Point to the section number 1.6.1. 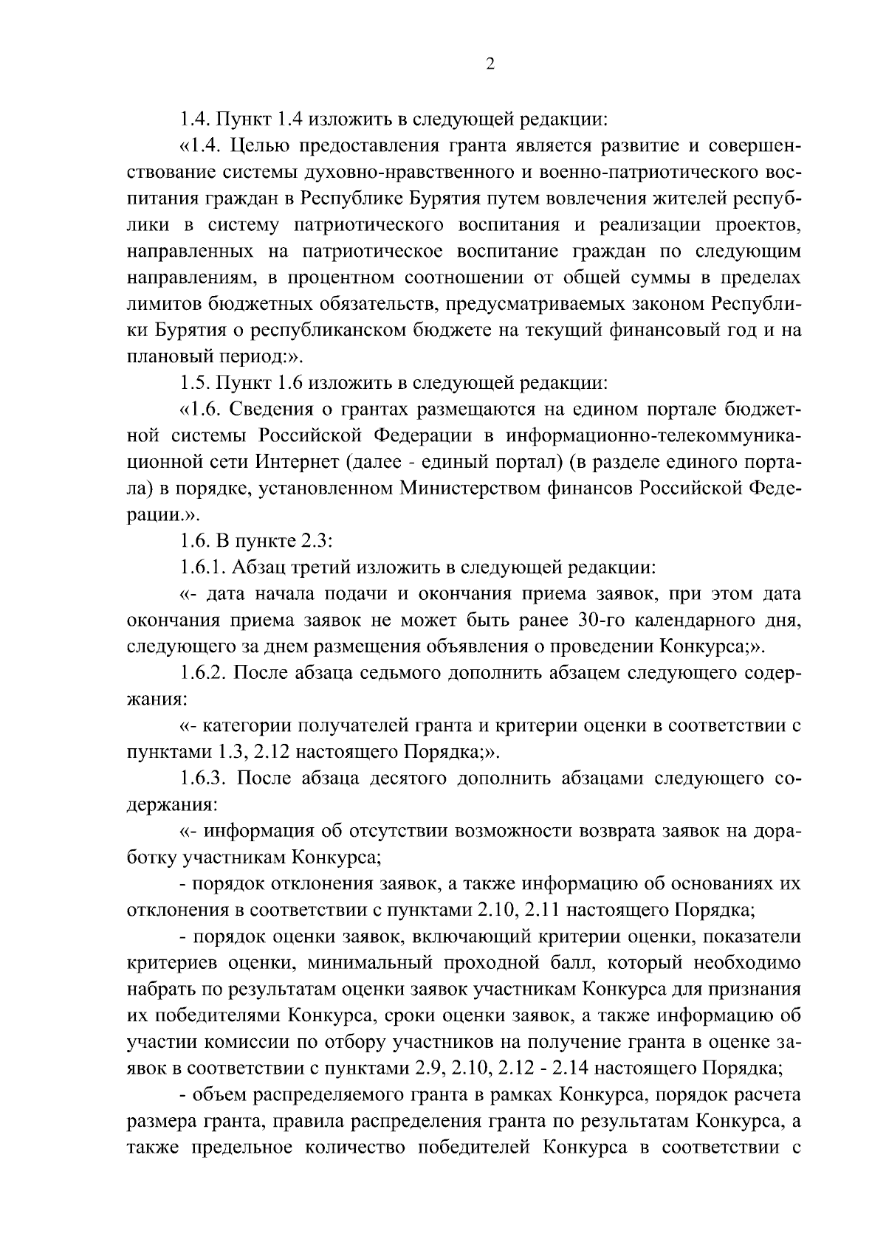coord(205,567)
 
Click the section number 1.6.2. coord(205,673)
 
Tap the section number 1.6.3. coord(205,779)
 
